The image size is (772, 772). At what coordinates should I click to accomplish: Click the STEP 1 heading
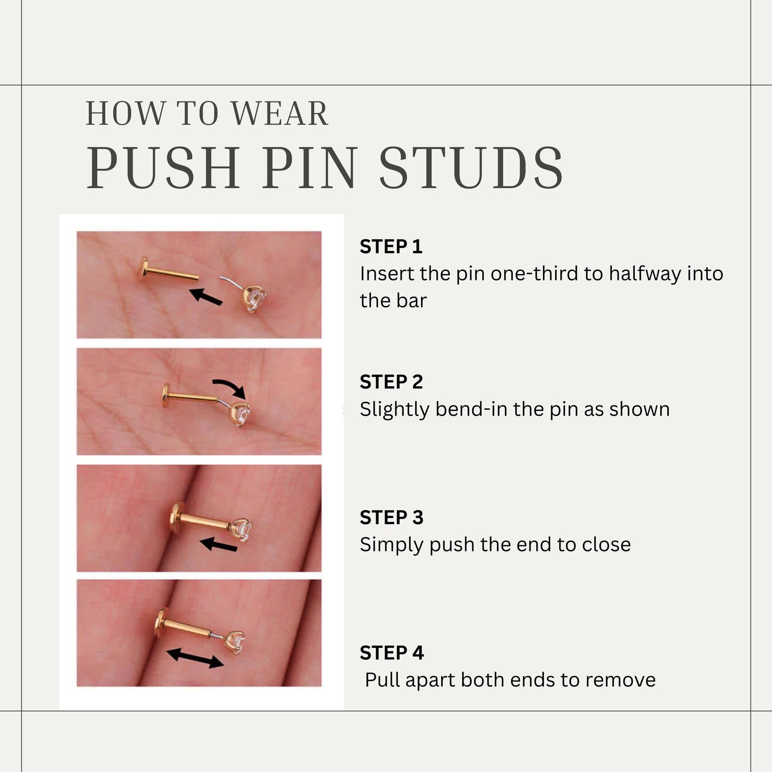point(391,247)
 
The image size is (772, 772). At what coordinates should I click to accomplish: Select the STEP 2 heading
point(391,382)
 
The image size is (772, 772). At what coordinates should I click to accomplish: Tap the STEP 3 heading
point(392,518)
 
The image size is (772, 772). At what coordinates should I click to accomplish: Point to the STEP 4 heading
point(392,653)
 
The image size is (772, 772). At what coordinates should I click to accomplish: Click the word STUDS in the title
point(471,168)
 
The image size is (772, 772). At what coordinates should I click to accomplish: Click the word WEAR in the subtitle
point(279,114)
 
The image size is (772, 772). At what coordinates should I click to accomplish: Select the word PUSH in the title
point(163,168)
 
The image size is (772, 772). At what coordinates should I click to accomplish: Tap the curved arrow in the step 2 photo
point(230,387)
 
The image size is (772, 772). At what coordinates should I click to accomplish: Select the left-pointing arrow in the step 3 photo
point(219,545)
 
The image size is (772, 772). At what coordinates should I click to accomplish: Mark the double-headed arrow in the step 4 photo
point(195,658)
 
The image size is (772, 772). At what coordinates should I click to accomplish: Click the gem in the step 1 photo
point(255,298)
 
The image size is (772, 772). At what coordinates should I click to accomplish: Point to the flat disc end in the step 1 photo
point(145,269)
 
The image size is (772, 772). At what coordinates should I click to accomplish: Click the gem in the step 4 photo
point(236,641)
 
